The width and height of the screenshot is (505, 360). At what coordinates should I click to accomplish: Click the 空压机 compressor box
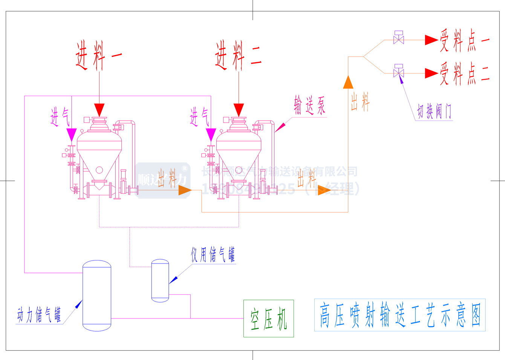point(268,318)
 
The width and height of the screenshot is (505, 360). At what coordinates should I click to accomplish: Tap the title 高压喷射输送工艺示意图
point(400,315)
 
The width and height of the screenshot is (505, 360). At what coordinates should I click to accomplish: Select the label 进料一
point(99,56)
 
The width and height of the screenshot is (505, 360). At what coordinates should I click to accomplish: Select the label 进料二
point(238,56)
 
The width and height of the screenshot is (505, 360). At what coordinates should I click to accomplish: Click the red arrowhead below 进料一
point(99,110)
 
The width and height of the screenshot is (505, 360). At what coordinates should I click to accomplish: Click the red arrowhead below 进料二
point(239,110)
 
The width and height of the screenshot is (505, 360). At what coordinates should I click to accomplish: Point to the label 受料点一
point(464,40)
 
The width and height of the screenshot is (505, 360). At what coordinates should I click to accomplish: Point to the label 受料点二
point(464,74)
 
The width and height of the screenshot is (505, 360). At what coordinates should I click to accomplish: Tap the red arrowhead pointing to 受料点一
point(431,40)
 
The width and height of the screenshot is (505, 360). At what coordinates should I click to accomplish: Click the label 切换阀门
point(434,112)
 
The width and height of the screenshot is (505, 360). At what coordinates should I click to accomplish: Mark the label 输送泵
point(309,106)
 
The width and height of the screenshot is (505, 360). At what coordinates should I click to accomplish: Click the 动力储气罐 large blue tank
point(97,296)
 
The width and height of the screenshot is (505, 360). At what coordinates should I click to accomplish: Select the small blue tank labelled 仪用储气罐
point(160,281)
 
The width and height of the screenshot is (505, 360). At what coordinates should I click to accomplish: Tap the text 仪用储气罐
point(213,255)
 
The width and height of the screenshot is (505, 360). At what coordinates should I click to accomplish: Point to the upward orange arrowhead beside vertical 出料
point(348,83)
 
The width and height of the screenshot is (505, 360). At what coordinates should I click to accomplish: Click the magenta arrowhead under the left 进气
point(72,135)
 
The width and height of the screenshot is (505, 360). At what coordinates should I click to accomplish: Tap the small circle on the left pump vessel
point(99,170)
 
